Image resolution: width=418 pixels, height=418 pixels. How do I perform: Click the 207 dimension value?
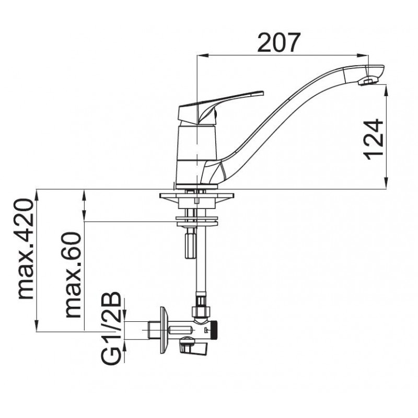[x=279, y=43]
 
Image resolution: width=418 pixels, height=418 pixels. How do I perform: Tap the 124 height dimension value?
[x=373, y=140]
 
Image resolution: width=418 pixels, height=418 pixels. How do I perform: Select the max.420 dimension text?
[x=25, y=249]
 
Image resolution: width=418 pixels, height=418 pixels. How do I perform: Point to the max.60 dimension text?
[x=73, y=275]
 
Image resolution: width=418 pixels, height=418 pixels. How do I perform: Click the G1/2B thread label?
[x=111, y=329]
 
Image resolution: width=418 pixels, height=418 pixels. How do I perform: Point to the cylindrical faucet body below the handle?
[x=197, y=154]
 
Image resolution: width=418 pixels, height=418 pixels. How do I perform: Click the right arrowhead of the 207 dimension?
[x=364, y=55]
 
